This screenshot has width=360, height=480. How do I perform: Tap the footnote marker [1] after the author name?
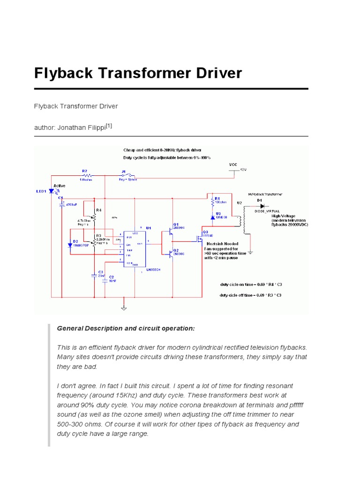point(109,126)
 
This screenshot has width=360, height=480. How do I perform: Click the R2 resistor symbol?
point(84,176)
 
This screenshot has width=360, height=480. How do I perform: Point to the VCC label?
point(233,165)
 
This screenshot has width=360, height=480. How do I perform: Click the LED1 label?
point(41,191)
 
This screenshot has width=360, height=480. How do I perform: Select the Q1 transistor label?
point(176,225)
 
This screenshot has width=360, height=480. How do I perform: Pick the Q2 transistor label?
point(176,250)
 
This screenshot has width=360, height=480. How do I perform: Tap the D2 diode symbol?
point(70,245)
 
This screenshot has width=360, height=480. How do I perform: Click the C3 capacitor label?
point(99,272)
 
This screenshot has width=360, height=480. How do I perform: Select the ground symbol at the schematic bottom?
point(124,307)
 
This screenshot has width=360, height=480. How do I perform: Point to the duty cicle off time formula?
point(251,295)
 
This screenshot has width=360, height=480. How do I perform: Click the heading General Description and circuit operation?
point(125,328)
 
